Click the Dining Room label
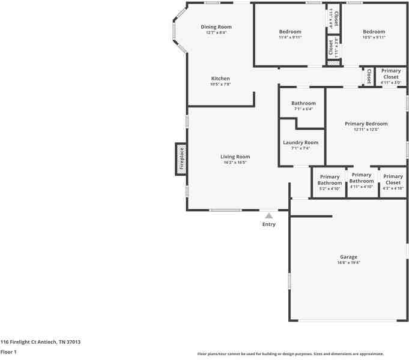216,27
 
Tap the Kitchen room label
220,79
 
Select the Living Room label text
235,157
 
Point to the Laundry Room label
300,143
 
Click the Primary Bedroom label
366,124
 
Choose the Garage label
348,256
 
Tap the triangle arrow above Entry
268,216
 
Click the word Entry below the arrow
268,224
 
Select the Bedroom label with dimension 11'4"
290,32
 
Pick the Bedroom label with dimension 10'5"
374,32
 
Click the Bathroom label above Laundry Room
303,103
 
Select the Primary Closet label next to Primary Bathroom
393,179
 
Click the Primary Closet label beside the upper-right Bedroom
391,74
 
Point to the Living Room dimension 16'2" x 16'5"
235,163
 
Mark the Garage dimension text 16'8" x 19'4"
348,262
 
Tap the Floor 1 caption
8,352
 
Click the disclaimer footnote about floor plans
291,354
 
